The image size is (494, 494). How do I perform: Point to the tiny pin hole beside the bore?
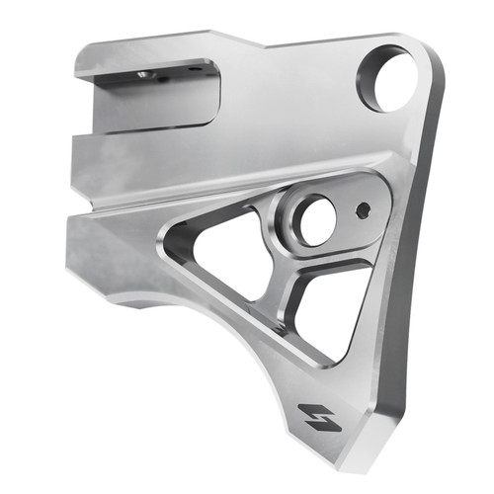(364, 209)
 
